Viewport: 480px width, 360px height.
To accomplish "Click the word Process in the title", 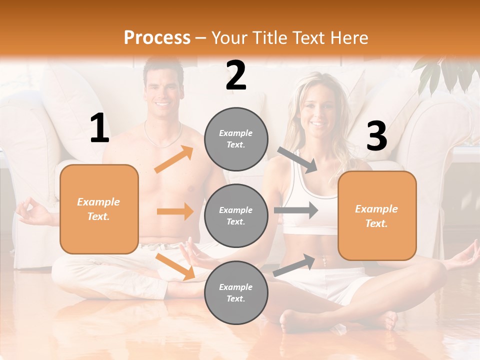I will [157, 37].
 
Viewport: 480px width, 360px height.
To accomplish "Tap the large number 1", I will [99, 128].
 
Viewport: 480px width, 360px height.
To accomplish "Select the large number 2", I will [236, 75].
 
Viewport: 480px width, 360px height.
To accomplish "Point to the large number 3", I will [376, 136].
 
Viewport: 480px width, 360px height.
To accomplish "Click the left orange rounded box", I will [99, 209].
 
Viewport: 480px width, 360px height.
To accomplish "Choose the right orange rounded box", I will [377, 215].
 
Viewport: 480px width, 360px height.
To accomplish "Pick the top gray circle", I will [236, 139].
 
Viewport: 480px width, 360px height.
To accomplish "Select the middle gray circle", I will [236, 215].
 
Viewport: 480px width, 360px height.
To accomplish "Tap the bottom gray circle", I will [236, 292].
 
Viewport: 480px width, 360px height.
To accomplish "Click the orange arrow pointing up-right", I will [174, 159].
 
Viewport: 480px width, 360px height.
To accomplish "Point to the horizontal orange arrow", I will [175, 211].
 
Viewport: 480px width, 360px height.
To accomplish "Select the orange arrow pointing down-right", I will [175, 266].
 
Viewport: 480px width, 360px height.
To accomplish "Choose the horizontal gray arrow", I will [296, 210].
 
